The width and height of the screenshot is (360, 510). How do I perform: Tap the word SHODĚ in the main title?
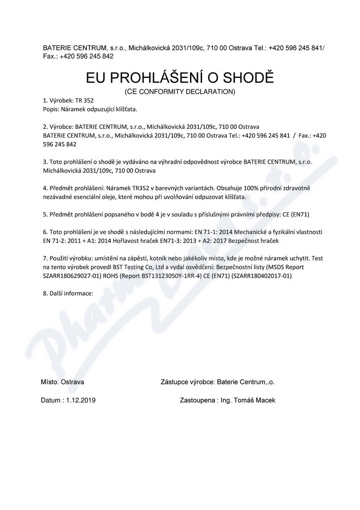[250, 77]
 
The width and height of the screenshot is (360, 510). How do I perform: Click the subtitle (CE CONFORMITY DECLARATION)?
[180, 92]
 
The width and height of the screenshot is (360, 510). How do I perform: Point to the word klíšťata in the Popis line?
[126, 109]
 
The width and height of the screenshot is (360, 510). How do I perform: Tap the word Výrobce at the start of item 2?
[61, 127]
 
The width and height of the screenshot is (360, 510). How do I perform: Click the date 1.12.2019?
[81, 400]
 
